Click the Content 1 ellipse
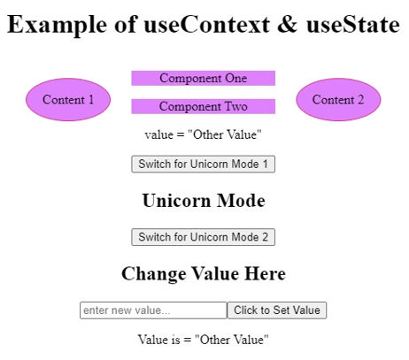point(68,100)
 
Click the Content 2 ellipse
point(338,100)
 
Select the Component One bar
point(203,78)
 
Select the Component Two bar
point(203,106)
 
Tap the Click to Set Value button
point(277,310)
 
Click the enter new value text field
point(153,310)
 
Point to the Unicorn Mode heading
point(203,201)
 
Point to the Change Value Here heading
point(203,274)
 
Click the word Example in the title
point(50,25)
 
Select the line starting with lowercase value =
point(203,135)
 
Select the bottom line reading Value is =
point(203,339)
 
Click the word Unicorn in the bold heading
point(174,201)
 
